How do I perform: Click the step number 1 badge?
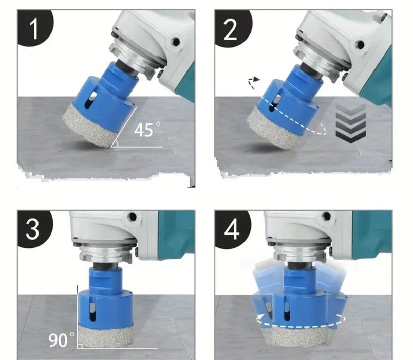(34, 28)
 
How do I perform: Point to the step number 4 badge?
(232, 229)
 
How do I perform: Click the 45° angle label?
(146, 129)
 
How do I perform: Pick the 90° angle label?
(61, 340)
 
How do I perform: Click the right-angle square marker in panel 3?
(80, 346)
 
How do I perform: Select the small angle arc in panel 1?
(115, 143)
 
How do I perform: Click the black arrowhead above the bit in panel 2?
(256, 79)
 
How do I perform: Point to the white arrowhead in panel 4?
(261, 317)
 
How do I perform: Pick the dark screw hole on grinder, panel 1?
(176, 42)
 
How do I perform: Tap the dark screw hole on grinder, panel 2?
(360, 44)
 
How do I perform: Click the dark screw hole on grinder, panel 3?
(133, 217)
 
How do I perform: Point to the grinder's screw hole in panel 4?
(327, 217)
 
